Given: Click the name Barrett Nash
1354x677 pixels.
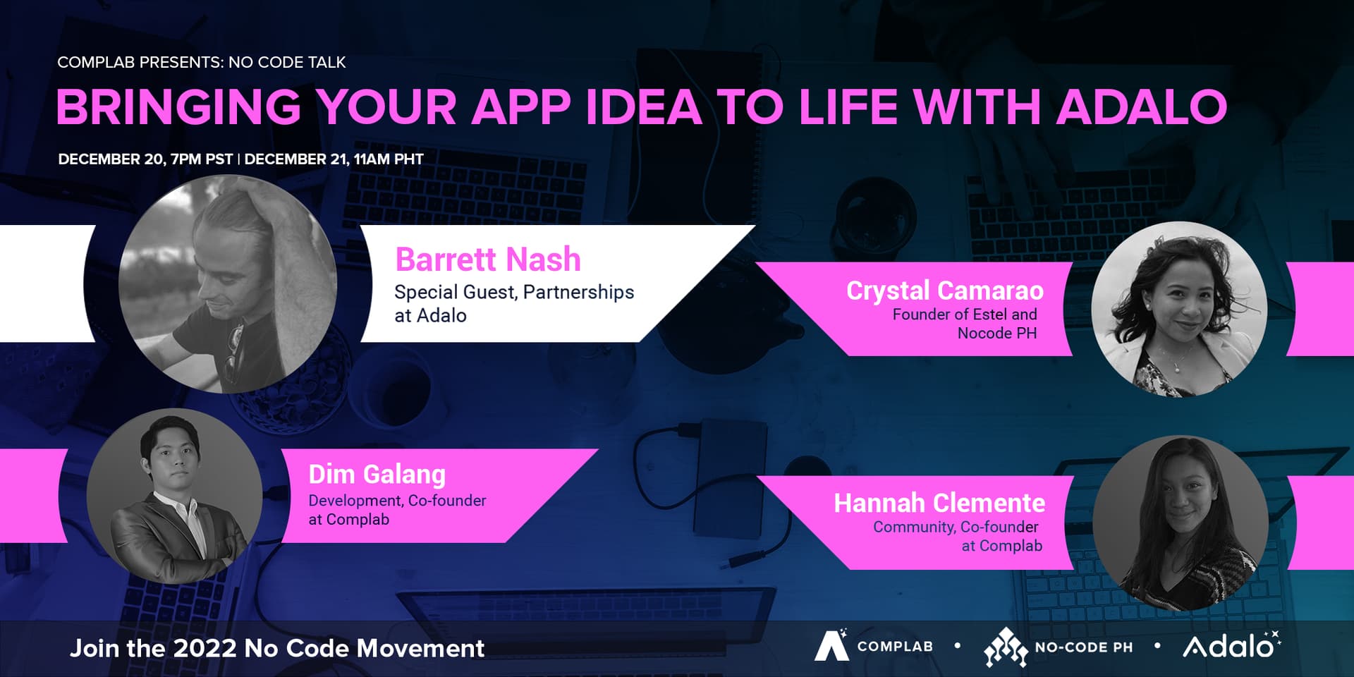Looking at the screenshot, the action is tap(488, 260).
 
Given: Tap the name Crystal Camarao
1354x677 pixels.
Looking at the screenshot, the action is tap(945, 291).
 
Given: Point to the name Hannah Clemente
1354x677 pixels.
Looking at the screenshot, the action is tap(939, 503).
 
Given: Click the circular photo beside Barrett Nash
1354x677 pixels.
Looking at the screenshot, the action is tap(228, 284).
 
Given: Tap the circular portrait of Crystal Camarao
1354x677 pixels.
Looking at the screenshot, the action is tap(1179, 309).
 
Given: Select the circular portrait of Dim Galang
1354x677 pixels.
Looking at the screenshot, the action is tap(174, 496).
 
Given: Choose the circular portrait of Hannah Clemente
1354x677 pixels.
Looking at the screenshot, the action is tap(1181, 523).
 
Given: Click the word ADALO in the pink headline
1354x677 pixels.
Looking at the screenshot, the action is tap(1141, 107).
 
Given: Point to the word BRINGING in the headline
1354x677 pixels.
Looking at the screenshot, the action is tap(179, 107).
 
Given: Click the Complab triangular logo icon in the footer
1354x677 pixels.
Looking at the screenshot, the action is tap(831, 645).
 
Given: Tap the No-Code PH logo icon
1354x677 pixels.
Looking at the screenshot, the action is tap(1006, 647).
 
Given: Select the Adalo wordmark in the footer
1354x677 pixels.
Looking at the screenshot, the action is tap(1231, 645).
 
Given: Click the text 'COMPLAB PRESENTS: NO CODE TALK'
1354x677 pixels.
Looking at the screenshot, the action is tap(202, 62).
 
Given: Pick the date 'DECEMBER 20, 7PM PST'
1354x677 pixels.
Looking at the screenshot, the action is tap(145, 159).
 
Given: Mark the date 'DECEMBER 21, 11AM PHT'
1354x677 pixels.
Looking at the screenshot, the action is tap(334, 159).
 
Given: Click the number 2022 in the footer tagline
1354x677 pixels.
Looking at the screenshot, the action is tap(205, 648).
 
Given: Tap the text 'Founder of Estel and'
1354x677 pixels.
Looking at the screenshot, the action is tap(965, 315).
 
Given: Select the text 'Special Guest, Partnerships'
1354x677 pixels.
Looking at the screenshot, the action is tap(514, 292).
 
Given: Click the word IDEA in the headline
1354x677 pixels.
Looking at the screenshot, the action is tap(643, 107).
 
